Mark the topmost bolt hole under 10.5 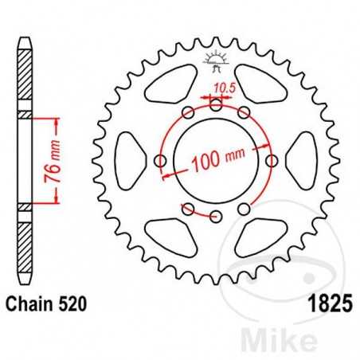(x=216, y=104)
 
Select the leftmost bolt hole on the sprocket (x=161, y=162)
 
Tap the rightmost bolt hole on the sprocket (x=272, y=161)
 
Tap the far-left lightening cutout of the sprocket (x=128, y=160)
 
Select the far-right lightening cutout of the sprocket (x=304, y=160)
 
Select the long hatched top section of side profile (x=25, y=72)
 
